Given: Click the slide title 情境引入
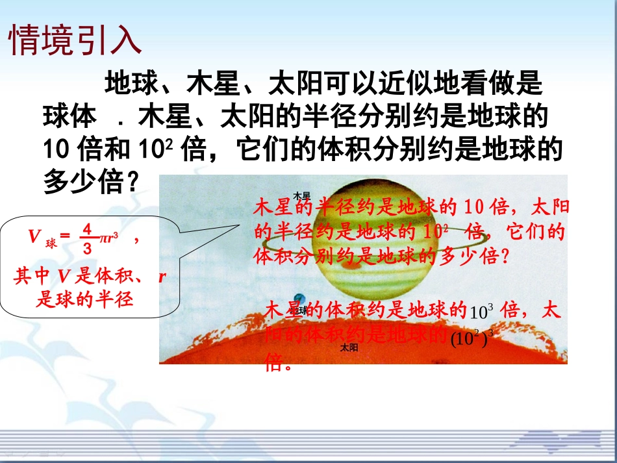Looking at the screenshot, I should point(75,40).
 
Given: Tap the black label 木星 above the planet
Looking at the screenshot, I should point(302,195).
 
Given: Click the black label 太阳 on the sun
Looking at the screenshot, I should point(349,348).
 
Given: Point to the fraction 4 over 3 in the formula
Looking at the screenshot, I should point(87,238).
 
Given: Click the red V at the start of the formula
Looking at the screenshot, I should point(34,237).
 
